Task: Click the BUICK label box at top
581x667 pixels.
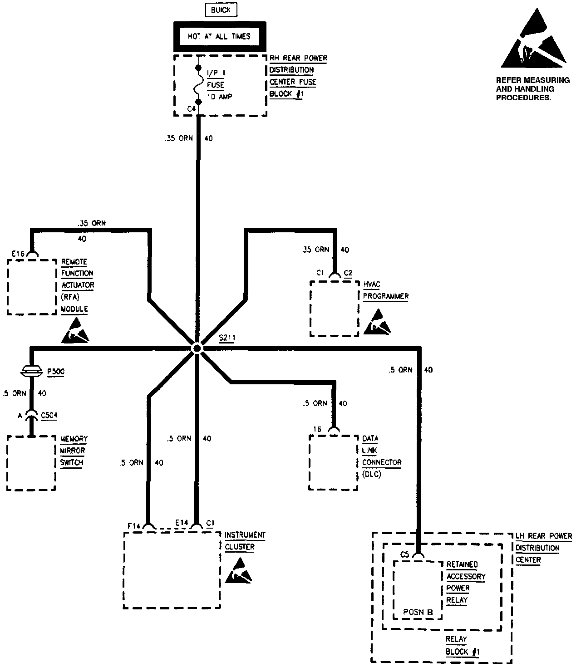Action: tap(221, 10)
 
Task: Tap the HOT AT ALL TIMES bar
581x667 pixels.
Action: tap(219, 36)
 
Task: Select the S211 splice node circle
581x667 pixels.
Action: tap(197, 348)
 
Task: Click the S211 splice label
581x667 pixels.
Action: tap(226, 338)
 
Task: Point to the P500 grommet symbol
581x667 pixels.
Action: tap(31, 371)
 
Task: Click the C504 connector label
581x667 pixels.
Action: tap(49, 415)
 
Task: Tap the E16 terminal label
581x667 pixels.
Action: tap(18, 254)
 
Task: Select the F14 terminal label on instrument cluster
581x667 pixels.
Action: tap(134, 525)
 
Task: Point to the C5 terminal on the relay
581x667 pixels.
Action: tap(404, 554)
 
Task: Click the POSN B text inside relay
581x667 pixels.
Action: tap(418, 612)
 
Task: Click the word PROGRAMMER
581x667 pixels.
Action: tap(385, 296)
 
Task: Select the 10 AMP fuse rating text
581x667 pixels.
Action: tap(220, 97)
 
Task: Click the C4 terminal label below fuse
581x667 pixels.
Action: tap(191, 109)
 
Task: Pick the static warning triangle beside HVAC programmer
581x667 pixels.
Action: tap(377, 323)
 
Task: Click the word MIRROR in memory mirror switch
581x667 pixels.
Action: tap(72, 451)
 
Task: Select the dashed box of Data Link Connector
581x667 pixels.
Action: tap(333, 462)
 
